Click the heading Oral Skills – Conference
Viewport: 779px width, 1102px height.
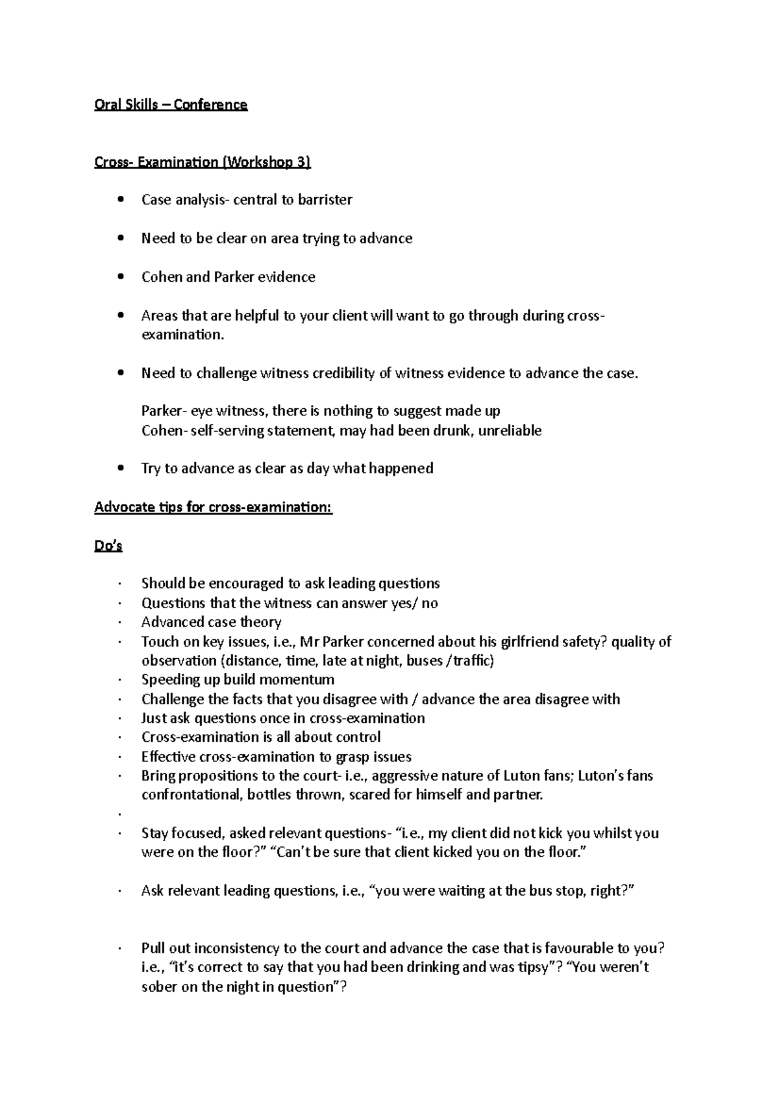[171, 104]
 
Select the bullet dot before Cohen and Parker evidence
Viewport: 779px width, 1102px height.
[120, 277]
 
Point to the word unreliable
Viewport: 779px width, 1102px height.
[510, 431]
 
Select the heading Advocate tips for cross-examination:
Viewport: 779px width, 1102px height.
[213, 508]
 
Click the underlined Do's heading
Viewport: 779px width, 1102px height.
[108, 546]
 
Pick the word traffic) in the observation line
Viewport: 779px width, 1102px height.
[473, 661]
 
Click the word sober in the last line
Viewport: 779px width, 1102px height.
[160, 987]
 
